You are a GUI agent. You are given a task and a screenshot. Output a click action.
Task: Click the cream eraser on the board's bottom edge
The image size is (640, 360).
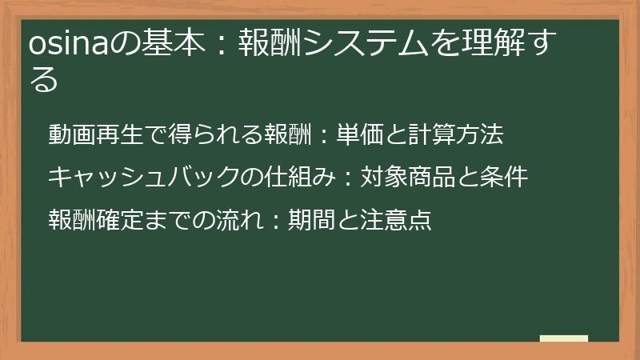tap(563, 339)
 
